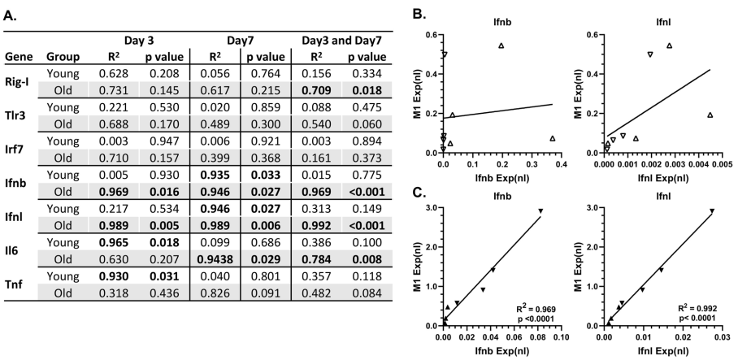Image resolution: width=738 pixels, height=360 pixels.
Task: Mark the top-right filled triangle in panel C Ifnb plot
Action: click(540, 211)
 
